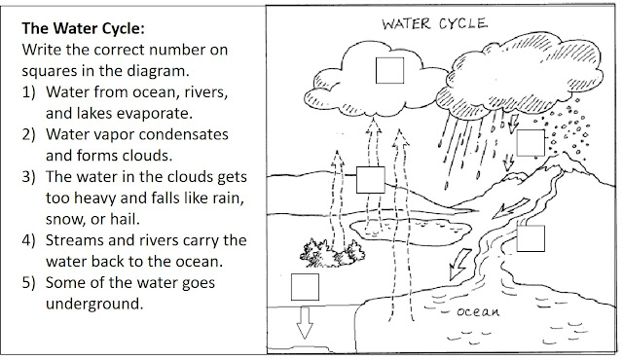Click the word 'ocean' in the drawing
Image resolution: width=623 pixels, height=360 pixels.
[x=477, y=313]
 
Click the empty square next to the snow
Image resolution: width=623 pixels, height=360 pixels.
[x=530, y=141]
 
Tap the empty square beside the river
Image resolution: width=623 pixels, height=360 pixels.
[x=531, y=238]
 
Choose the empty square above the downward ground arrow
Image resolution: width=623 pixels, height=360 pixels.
[x=305, y=286]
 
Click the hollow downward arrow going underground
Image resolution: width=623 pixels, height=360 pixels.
[x=305, y=324]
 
